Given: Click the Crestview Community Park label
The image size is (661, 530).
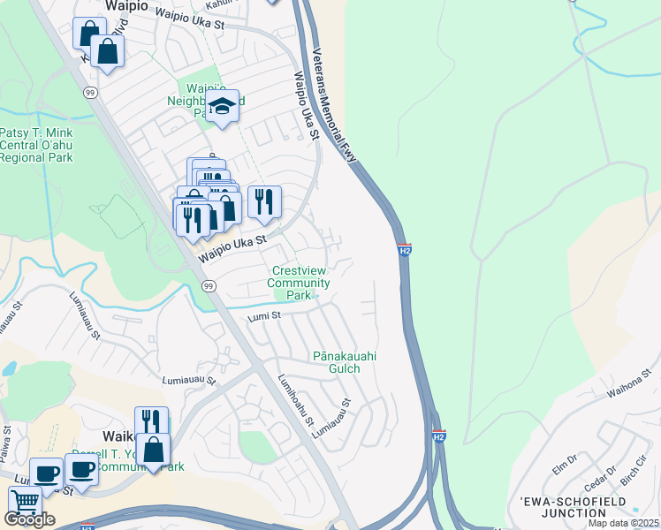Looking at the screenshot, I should (300, 283).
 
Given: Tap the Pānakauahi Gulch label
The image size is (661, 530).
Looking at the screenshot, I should (346, 362).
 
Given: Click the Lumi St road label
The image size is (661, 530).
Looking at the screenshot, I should (263, 315).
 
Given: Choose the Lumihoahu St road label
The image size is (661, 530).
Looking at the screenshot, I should (295, 400).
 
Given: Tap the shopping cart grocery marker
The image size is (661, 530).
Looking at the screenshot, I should (25, 502).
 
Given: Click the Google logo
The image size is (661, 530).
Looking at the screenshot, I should (29, 519).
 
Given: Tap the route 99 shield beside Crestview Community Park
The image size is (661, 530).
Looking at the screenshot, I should (209, 286).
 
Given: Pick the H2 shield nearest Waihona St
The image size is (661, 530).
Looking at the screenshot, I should (439, 435).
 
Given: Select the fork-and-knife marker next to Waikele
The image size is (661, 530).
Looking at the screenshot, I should (150, 420).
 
